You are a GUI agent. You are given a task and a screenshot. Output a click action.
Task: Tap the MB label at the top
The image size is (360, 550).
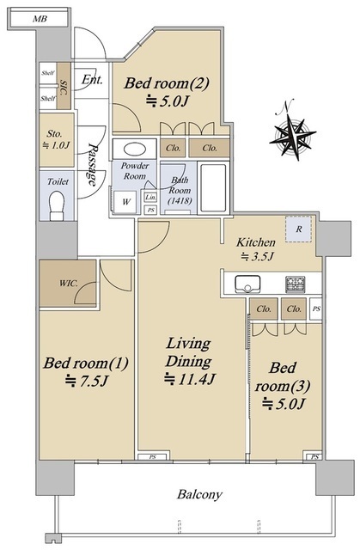coord(40,19)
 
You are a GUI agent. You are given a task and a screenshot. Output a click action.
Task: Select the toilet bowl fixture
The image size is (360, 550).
coord(57,205)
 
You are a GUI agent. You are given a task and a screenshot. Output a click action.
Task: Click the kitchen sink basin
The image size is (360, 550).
coord(247,284)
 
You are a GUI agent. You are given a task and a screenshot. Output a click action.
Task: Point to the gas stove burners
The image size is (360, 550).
coord(296,284)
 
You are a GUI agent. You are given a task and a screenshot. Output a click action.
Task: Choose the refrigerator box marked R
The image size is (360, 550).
coord(298,229)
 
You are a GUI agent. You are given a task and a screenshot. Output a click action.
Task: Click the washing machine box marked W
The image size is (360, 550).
coord(125,201)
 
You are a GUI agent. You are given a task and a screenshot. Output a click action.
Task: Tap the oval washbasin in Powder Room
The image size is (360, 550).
coord(135,149)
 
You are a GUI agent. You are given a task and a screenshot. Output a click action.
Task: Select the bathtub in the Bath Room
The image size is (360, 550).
coord(213,187)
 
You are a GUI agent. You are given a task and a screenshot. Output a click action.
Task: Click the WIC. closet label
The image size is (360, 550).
coord(69,283)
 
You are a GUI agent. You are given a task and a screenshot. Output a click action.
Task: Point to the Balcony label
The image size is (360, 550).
coord(199,494)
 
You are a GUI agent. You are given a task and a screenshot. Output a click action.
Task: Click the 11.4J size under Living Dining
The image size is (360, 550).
coord(190,379)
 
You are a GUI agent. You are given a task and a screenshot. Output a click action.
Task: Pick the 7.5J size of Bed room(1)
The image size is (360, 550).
coord(86,381)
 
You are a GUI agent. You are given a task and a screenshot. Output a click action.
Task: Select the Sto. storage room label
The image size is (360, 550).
coord(55,134)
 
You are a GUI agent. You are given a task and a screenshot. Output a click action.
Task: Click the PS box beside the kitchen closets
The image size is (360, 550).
coord(316,309)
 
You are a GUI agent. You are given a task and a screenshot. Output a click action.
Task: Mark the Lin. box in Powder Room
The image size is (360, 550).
coord(150,197)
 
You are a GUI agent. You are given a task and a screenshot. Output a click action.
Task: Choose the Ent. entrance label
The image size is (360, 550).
coord(92,80)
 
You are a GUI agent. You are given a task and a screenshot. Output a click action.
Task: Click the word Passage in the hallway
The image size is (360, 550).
coord(93,164)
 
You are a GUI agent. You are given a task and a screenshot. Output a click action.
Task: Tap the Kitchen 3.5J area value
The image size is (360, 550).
coord(257,257)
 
